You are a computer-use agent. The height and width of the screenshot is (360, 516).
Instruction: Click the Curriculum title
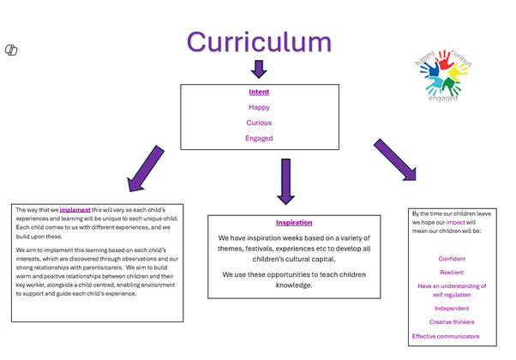pyautogui.click(x=259, y=42)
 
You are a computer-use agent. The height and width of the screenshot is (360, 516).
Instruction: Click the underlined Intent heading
pyautogui.click(x=259, y=92)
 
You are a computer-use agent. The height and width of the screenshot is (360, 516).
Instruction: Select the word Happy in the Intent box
pyautogui.click(x=259, y=107)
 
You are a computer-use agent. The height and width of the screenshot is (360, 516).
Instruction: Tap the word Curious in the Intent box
pyautogui.click(x=259, y=123)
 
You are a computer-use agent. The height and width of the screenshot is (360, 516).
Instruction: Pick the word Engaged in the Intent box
pyautogui.click(x=259, y=138)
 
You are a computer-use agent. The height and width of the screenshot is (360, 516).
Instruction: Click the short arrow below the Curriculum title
pyautogui.click(x=259, y=69)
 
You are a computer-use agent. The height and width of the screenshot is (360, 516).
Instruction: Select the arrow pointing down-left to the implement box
pyautogui.click(x=145, y=168)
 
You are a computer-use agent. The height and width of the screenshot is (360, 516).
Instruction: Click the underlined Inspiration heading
pyautogui.click(x=294, y=223)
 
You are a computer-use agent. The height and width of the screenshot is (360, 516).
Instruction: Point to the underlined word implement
pyautogui.click(x=75, y=209)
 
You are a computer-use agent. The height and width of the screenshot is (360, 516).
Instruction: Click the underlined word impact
pyautogui.click(x=456, y=222)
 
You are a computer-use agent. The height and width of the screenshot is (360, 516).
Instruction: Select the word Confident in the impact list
pyautogui.click(x=452, y=259)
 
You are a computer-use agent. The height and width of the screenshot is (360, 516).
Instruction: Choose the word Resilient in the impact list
pyautogui.click(x=452, y=273)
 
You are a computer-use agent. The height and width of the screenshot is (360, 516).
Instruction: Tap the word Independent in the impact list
pyautogui.click(x=452, y=309)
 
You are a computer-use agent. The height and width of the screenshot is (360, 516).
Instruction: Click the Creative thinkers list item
pyautogui.click(x=452, y=322)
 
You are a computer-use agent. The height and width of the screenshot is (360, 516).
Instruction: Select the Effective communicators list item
pyautogui.click(x=446, y=336)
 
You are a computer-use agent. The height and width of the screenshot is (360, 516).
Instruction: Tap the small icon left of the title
pyautogui.click(x=11, y=51)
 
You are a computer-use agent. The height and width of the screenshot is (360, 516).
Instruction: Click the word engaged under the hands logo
pyautogui.click(x=442, y=99)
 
